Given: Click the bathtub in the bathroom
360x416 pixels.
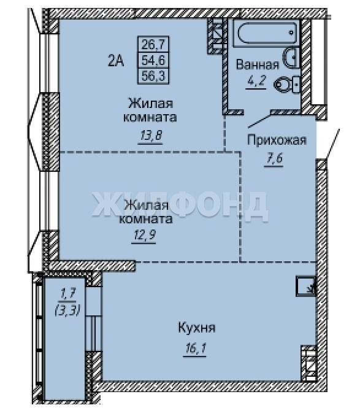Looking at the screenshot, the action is [x=267, y=33].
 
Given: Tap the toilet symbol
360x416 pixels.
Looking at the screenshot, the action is [x=288, y=85].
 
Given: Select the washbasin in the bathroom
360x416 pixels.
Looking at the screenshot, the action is [x=291, y=58].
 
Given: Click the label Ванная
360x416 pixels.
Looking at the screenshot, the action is [x=258, y=64].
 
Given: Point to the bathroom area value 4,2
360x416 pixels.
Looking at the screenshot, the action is [x=256, y=80].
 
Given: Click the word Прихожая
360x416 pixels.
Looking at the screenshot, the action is [x=277, y=141].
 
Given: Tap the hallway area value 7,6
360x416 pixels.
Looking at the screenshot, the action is [x=274, y=158].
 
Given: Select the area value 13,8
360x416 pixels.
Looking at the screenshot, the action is [x=151, y=136].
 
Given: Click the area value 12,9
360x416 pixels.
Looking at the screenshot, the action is [x=144, y=235].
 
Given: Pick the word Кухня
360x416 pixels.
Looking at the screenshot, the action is [x=196, y=328].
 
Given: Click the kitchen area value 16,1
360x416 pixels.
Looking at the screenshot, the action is [x=195, y=349].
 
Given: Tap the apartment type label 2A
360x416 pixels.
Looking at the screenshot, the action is [x=116, y=61].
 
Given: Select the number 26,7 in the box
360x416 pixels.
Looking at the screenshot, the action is [x=153, y=44].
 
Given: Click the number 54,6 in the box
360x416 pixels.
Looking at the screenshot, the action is [x=153, y=60].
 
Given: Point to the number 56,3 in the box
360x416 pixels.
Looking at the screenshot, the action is [x=153, y=76].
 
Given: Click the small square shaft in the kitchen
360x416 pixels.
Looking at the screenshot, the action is [x=305, y=287].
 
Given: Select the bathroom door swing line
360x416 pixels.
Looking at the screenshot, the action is [x=259, y=121].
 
